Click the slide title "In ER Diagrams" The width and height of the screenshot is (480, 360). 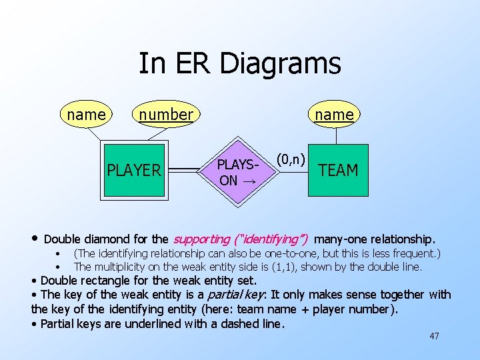(x=239, y=64)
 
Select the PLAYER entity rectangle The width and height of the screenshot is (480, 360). (x=134, y=171)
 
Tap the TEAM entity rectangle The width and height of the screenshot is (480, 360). (x=338, y=171)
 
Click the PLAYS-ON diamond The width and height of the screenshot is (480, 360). (x=237, y=172)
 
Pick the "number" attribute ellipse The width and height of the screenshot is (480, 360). (x=166, y=115)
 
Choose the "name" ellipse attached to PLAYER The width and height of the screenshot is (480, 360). (x=87, y=115)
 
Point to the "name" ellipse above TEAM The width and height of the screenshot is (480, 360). (x=334, y=115)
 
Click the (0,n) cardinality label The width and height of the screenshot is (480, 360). (x=291, y=159)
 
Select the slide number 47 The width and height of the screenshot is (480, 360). (x=434, y=336)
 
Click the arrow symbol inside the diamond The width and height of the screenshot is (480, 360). (x=247, y=181)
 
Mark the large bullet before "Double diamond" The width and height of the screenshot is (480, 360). (x=35, y=239)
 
